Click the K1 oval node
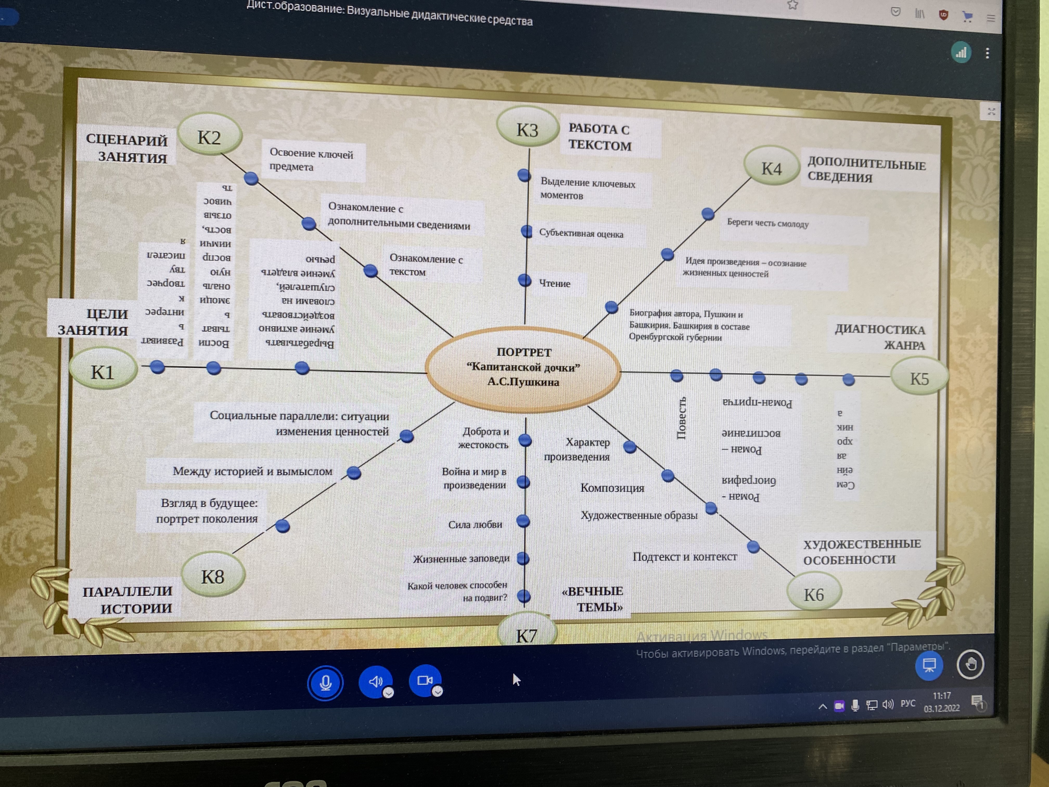click(103, 371)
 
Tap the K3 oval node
click(527, 129)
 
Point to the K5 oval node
click(919, 378)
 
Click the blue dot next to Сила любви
click(523, 521)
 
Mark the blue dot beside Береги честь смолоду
click(708, 214)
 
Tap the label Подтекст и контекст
click(685, 556)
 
